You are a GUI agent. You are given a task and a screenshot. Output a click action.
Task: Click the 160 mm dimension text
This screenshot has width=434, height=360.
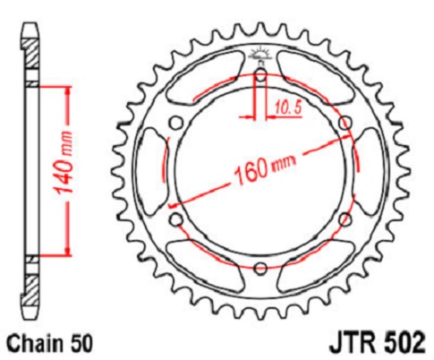click(x=264, y=168)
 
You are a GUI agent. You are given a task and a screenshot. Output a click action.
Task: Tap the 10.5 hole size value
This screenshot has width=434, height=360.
click(x=287, y=107)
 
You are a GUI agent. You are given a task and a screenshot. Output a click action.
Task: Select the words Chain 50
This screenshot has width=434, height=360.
click(x=49, y=343)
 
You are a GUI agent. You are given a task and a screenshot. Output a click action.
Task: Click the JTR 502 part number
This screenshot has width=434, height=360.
click(x=377, y=342)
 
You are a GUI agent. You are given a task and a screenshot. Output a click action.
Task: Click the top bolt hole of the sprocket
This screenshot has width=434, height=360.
click(x=261, y=75)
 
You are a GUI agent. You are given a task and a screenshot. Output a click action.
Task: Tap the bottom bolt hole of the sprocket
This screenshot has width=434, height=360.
click(x=260, y=269)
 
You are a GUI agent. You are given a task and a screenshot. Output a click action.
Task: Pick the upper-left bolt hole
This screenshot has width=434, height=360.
click(x=176, y=123)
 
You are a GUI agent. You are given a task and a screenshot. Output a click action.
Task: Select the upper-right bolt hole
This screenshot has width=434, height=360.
click(x=345, y=123)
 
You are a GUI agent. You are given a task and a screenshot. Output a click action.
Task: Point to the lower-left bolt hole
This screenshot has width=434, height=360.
click(x=176, y=220)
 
